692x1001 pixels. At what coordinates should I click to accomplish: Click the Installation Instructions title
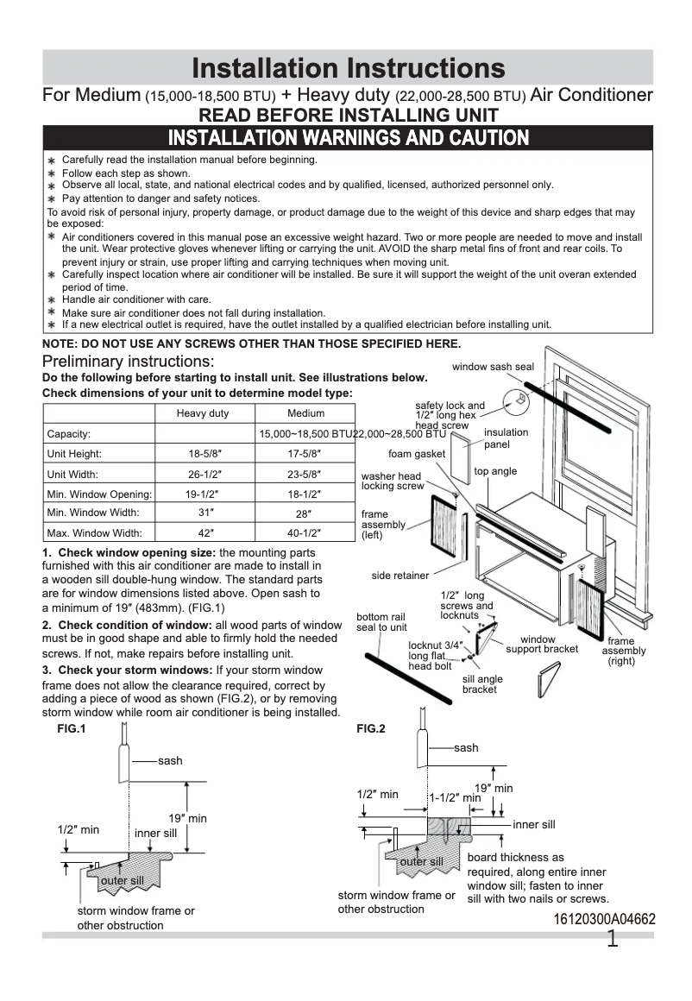pos(348,68)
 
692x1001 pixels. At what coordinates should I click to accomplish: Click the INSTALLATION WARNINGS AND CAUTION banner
pos(348,138)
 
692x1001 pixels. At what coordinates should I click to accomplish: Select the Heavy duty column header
pos(203,413)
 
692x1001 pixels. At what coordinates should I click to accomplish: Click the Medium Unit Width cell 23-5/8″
pos(305,474)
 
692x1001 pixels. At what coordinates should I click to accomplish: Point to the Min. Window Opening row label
pos(99,494)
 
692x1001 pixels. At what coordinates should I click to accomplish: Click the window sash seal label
pos(493,367)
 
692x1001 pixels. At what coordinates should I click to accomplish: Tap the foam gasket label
pos(417,454)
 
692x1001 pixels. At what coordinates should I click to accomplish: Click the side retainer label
pos(400,576)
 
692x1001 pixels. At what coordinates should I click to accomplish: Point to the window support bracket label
pos(542,644)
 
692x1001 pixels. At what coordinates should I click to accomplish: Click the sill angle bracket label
pos(482,684)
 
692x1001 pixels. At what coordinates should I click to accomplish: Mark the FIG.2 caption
pos(371,728)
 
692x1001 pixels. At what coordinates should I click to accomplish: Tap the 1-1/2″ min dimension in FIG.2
pos(455,798)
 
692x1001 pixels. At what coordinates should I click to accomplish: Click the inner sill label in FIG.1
pos(155,833)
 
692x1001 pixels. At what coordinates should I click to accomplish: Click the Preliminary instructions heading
pos(129,361)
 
